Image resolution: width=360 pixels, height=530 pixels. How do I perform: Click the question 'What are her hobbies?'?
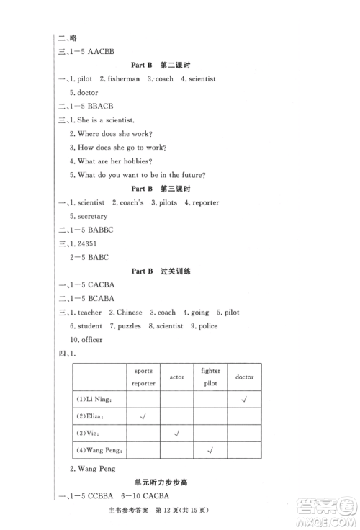pyautogui.click(x=114, y=161)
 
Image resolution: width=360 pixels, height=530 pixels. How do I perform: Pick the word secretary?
pyautogui.click(x=89, y=216)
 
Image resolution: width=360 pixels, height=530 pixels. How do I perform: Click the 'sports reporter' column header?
pyautogui.click(x=144, y=377)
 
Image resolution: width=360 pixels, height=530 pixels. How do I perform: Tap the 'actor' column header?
pyautogui.click(x=177, y=377)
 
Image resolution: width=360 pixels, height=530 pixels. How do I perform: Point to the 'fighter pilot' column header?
pyautogui.click(x=210, y=377)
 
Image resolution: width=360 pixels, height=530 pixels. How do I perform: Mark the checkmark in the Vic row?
pyautogui.click(x=177, y=434)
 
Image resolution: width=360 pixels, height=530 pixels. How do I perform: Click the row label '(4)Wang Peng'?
pyautogui.click(x=102, y=452)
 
